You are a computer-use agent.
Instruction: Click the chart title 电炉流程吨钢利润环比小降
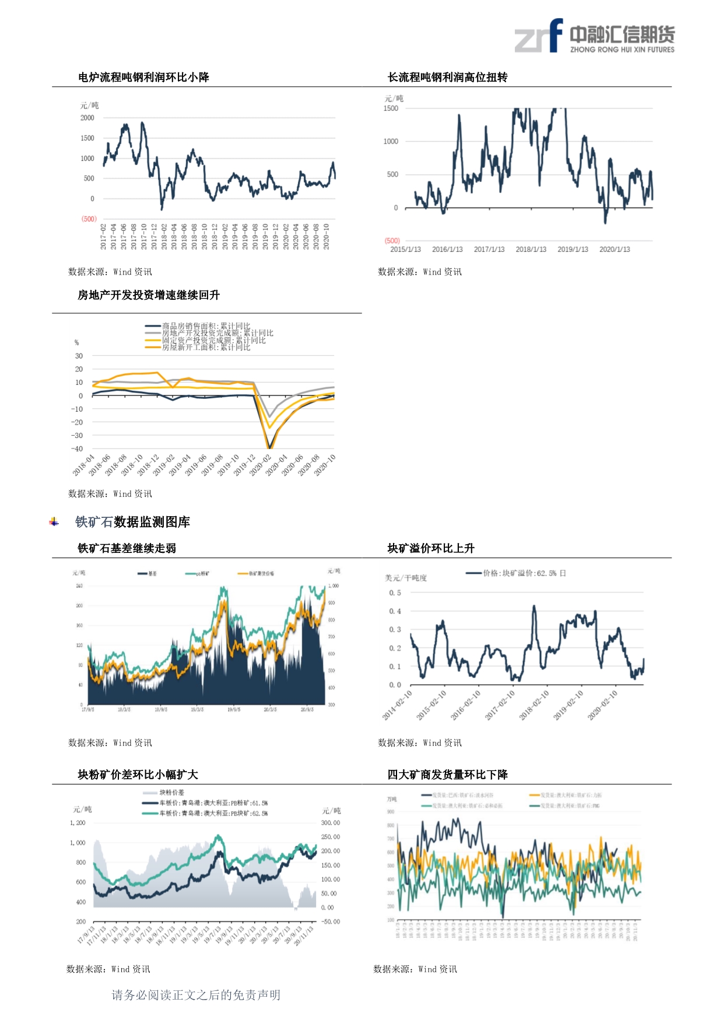143,78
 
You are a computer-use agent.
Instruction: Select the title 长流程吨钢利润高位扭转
447,78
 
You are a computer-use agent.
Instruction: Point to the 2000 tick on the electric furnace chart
87,118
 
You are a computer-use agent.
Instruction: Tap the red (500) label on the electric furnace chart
89,219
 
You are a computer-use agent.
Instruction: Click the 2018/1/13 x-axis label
531,250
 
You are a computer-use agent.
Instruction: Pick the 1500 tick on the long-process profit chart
391,108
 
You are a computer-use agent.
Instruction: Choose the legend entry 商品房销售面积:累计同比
205,326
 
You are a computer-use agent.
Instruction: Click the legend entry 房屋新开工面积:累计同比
205,348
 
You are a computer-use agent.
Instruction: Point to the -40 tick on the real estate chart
77,449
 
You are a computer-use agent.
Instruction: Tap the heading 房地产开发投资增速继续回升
149,296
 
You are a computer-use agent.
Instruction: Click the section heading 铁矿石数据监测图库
132,522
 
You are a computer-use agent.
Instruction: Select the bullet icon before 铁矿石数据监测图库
54,522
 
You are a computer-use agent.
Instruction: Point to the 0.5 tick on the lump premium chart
395,593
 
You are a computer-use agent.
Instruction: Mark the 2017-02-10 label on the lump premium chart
501,705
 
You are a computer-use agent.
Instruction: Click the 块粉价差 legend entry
171,793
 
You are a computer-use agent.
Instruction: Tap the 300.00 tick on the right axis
331,823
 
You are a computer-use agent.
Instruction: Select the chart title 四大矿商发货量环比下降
447,775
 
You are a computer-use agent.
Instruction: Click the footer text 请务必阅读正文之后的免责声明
196,995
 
